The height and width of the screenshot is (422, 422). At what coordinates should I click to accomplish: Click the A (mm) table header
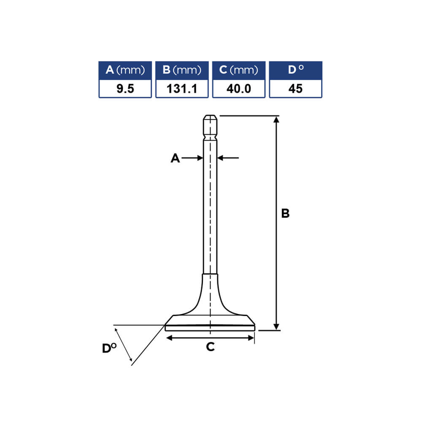pyautogui.click(x=125, y=70)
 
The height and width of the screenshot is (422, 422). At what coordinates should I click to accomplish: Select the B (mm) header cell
pyautogui.click(x=182, y=70)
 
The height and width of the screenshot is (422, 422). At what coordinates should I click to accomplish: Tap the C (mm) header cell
pyautogui.click(x=239, y=70)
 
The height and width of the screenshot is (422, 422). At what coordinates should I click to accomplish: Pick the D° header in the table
pyautogui.click(x=295, y=70)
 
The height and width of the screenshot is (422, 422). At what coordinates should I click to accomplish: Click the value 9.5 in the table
pyautogui.click(x=125, y=89)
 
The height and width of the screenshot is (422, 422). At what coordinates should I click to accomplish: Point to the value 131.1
pyautogui.click(x=182, y=89)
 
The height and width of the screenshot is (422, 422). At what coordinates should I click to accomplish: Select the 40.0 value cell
pyautogui.click(x=239, y=89)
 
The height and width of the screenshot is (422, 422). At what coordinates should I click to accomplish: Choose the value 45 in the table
pyautogui.click(x=295, y=89)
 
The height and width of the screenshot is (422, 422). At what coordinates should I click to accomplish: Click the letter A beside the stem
pyautogui.click(x=175, y=158)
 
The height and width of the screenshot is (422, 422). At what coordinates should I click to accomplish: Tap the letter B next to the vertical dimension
pyautogui.click(x=285, y=214)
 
